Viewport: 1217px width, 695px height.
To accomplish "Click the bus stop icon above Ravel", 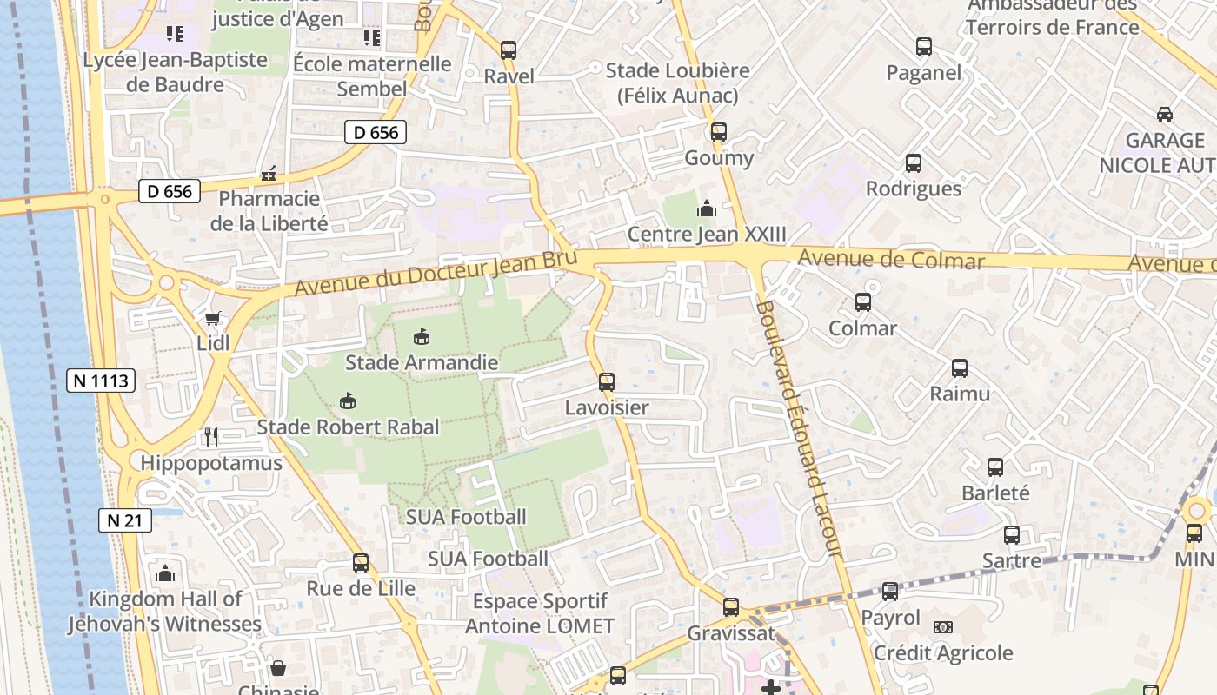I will [509, 50].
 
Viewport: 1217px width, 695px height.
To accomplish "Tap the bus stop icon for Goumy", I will [718, 132].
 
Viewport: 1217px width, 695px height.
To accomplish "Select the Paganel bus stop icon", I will [923, 47].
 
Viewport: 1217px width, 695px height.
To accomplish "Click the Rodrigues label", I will [914, 189].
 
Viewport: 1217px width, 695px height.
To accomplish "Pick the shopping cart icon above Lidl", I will [212, 319].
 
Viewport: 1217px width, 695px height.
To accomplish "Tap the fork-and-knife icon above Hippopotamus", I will [210, 436].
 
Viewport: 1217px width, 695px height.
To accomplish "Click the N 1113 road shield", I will [101, 380].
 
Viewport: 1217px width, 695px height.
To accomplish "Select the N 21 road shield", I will [125, 520].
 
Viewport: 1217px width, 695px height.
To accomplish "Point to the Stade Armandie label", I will [422, 362].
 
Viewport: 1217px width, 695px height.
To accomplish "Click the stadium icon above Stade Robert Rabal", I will [347, 401].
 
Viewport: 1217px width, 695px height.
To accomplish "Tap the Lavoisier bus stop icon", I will [607, 381].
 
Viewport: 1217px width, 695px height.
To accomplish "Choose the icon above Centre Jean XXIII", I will [706, 208].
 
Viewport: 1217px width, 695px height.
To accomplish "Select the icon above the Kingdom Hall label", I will [164, 573].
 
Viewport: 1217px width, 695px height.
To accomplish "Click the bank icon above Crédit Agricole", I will [942, 627].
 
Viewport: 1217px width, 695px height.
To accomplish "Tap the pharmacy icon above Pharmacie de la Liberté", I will [269, 174].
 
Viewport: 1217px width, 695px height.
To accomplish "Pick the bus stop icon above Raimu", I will [960, 368].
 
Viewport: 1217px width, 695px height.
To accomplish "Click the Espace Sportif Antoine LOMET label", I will [540, 613].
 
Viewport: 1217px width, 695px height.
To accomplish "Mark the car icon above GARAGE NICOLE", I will [1164, 115].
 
